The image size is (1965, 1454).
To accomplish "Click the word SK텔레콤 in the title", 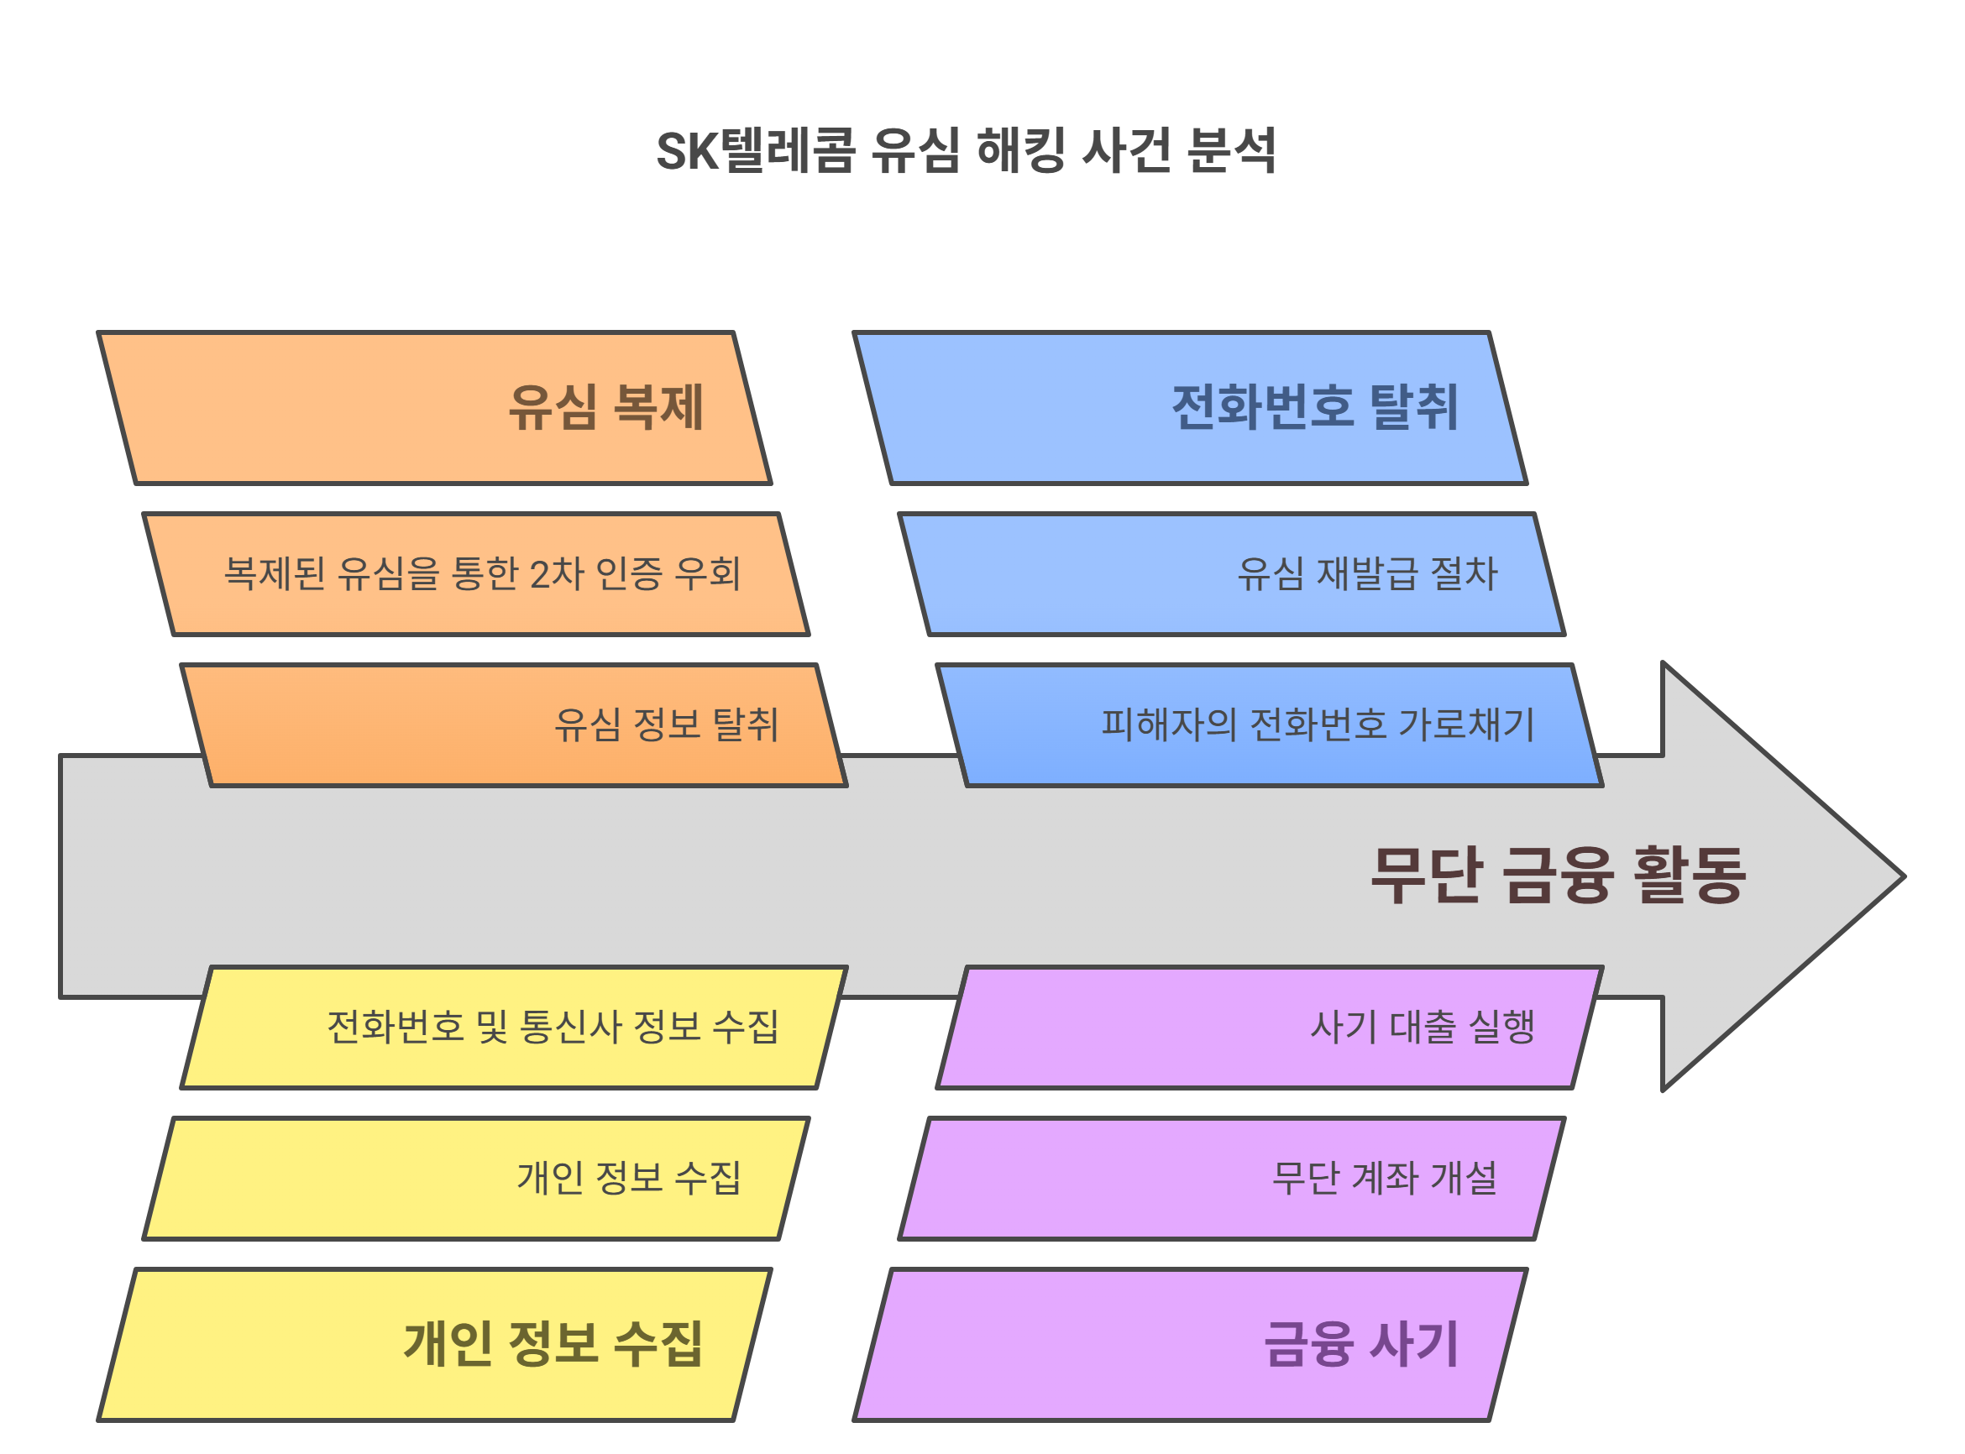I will (x=754, y=150).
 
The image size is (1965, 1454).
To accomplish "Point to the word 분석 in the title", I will (x=1230, y=150).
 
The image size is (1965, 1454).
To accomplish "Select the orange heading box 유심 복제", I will (x=434, y=407).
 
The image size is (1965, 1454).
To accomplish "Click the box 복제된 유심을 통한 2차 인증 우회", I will (x=475, y=574).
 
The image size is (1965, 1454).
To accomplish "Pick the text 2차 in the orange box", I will (x=556, y=574).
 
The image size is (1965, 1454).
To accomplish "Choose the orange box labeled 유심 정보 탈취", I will (x=513, y=725).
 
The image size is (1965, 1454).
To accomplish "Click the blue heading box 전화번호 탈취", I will (x=1189, y=407).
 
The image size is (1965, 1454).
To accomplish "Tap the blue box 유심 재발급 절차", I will (x=1231, y=574).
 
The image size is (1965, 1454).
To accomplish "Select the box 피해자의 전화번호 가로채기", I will (x=1269, y=725).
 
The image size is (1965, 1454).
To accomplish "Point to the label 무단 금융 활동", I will (x=1558, y=875).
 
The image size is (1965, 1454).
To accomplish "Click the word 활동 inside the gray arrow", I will (x=1689, y=875).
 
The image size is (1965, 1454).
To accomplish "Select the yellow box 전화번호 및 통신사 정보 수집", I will (x=513, y=1028).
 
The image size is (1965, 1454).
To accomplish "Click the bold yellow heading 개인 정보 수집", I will (x=553, y=1344).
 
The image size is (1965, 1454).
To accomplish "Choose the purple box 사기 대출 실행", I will (x=1269, y=1028).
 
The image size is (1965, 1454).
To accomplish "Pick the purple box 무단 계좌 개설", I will (x=1231, y=1179).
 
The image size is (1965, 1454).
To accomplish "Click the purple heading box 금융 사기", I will (x=1189, y=1344).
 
